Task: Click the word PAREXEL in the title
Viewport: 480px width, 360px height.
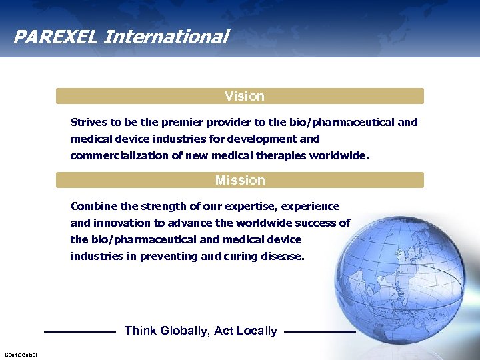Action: tap(55, 36)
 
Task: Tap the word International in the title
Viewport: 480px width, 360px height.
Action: tap(166, 36)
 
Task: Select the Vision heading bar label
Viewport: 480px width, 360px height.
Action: tap(244, 96)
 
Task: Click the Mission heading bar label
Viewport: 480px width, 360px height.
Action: tap(240, 180)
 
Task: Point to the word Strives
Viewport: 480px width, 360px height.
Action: tap(88, 123)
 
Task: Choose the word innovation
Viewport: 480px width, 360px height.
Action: tap(120, 223)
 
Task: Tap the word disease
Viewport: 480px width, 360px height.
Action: tap(282, 257)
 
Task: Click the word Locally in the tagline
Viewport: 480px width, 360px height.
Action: tap(255, 331)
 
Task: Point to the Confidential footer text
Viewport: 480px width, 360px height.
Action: tap(21, 354)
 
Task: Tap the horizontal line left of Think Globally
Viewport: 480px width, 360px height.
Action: tap(79, 331)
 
